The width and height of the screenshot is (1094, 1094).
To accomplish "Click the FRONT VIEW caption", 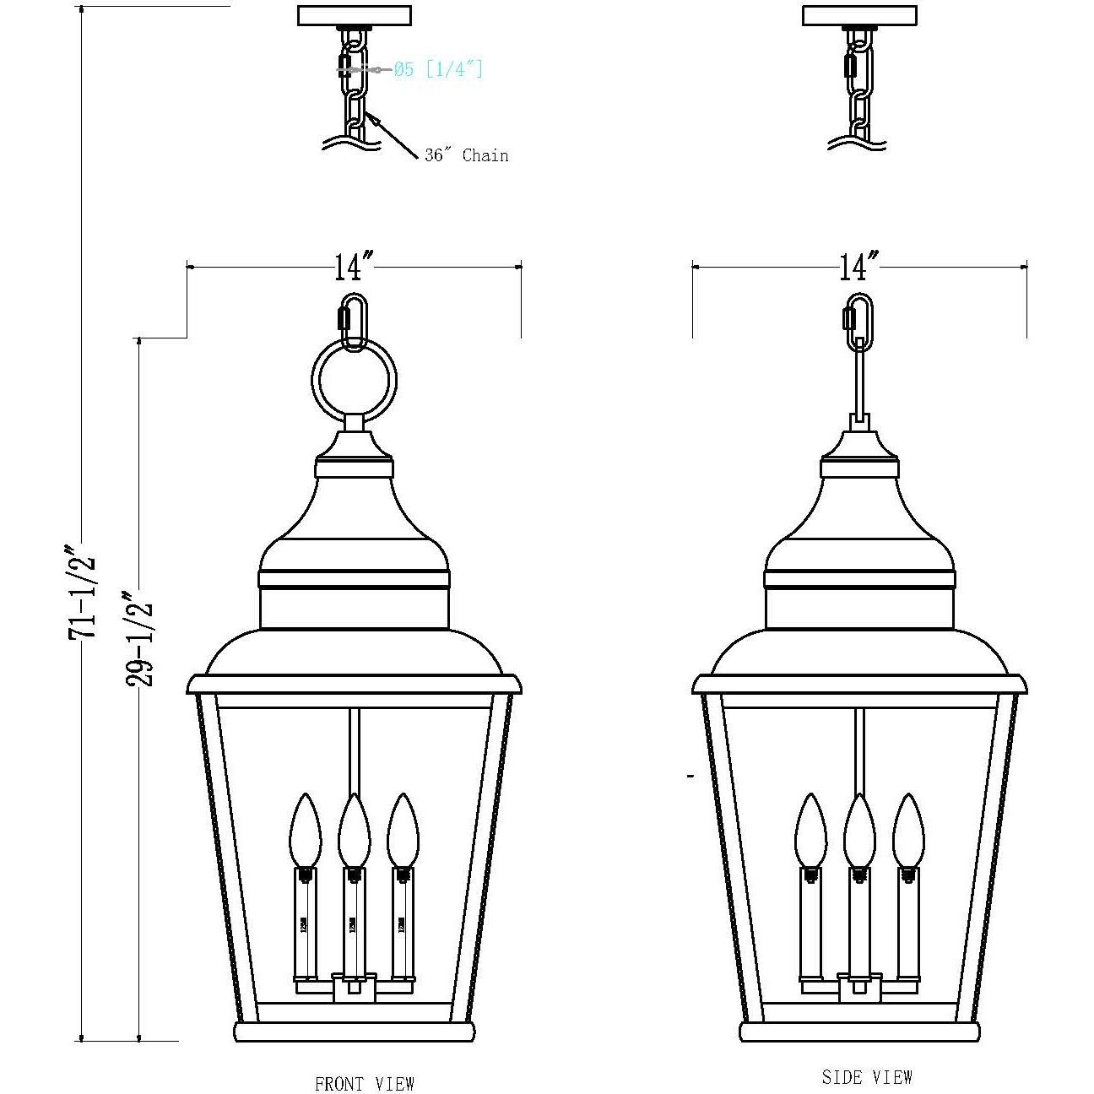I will click(364, 1084).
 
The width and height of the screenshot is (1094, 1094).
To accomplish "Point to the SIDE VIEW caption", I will click(867, 1077).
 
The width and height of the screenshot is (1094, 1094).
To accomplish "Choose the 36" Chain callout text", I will click(467, 155).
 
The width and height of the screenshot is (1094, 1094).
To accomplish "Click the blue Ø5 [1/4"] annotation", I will click(438, 69).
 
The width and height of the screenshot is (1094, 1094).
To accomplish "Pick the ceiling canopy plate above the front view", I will click(355, 16).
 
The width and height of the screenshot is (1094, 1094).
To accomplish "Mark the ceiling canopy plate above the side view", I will click(859, 16).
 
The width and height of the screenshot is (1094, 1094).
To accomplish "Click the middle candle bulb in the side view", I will click(859, 830).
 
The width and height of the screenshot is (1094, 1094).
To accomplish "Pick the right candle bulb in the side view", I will click(908, 830).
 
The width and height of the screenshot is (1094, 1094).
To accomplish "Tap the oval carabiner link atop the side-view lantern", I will click(859, 321).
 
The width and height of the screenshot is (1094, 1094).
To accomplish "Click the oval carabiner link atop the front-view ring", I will click(354, 321).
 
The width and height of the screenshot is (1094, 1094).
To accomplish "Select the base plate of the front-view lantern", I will click(354, 1032).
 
